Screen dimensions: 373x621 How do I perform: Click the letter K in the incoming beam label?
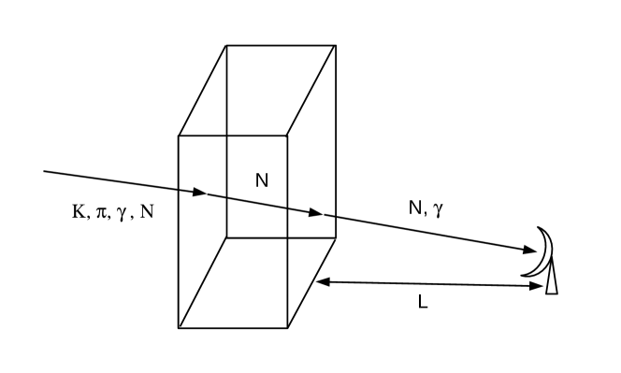tap(78, 212)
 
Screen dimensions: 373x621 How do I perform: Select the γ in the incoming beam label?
tap(123, 214)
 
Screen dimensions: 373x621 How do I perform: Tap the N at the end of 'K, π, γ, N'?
tap(147, 212)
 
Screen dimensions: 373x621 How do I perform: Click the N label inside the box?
tap(262, 181)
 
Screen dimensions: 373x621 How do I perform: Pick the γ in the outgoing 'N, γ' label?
tap(437, 210)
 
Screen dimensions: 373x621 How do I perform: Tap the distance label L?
tap(423, 303)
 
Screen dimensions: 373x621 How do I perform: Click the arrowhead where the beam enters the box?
tap(199, 194)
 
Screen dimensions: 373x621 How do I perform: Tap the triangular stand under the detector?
tap(552, 280)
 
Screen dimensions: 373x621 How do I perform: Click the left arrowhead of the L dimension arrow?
tap(322, 280)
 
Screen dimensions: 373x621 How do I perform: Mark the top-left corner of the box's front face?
tap(179, 136)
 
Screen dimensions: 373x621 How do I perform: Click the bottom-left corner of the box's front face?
tap(179, 328)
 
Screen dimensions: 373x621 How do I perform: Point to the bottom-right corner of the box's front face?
tap(287, 328)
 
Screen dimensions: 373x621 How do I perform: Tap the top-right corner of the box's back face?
tap(336, 45)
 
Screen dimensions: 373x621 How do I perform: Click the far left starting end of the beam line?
tap(45, 171)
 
